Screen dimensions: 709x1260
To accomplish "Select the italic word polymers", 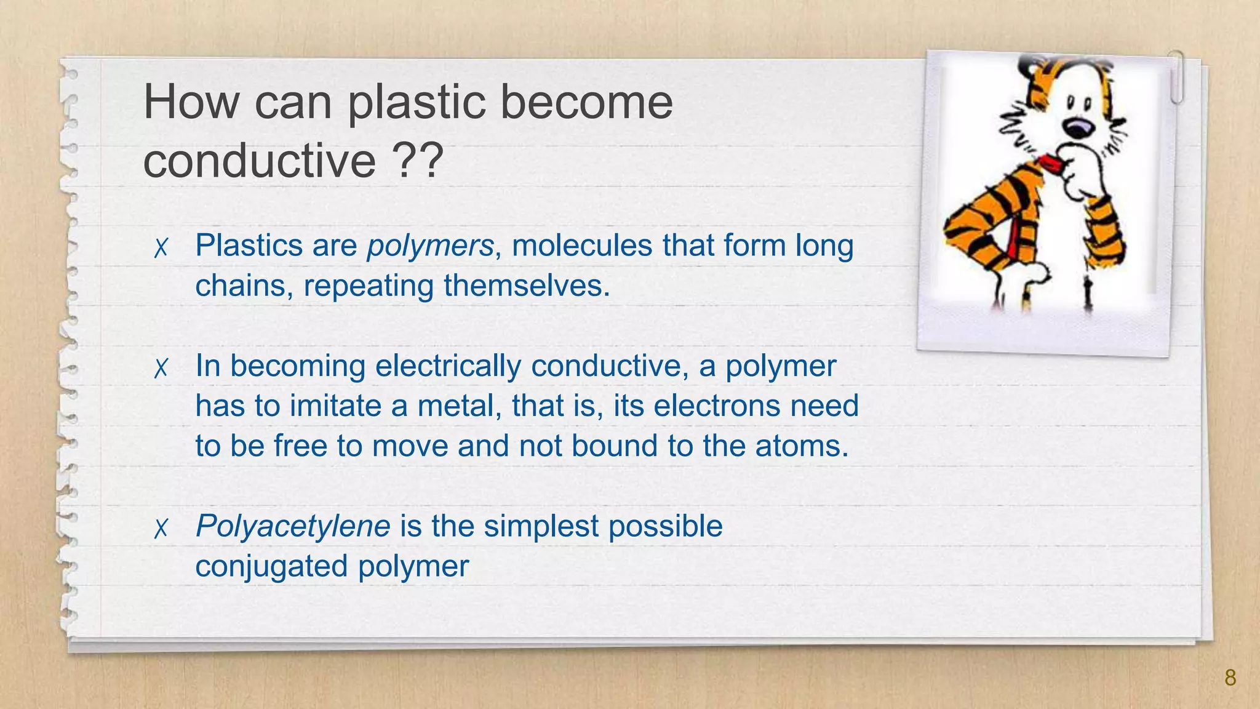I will click(x=430, y=246).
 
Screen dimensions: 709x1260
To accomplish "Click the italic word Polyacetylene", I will click(x=293, y=526).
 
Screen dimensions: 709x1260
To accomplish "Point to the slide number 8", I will click(x=1230, y=678).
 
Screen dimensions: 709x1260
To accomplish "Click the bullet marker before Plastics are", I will click(x=161, y=248).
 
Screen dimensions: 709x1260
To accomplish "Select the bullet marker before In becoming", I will click(x=161, y=368).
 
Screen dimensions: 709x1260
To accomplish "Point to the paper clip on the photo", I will click(x=1176, y=76).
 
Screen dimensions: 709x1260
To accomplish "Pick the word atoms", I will click(x=801, y=446).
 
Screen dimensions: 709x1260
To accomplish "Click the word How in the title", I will click(x=191, y=103).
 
